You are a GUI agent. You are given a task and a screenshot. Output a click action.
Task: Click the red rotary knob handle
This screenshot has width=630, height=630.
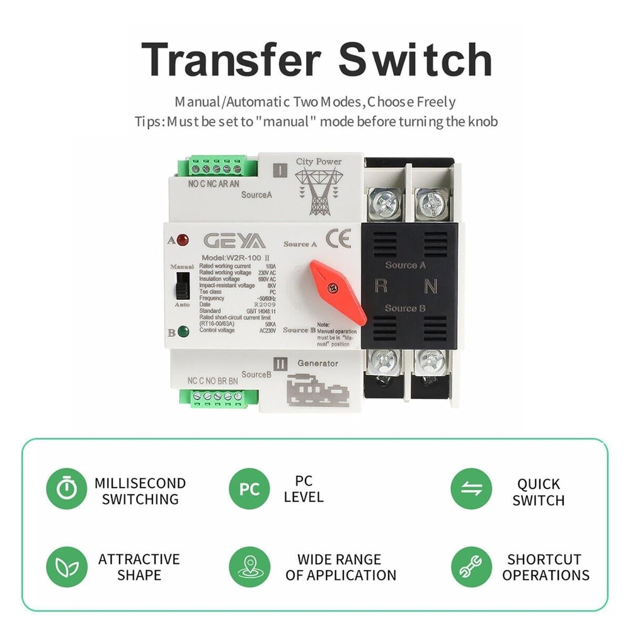(336, 290)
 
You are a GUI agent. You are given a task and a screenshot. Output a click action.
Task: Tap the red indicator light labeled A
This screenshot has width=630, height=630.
(183, 240)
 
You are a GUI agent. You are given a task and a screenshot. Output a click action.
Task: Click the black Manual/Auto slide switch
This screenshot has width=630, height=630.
(182, 284)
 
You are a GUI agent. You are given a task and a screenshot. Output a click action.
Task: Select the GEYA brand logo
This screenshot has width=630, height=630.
(234, 242)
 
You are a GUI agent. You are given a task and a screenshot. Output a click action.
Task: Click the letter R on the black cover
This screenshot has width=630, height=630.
(381, 286)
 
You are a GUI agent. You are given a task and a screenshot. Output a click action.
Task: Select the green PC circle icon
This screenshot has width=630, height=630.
(249, 489)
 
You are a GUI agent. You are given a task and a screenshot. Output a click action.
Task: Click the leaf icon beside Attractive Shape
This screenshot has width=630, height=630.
(66, 566)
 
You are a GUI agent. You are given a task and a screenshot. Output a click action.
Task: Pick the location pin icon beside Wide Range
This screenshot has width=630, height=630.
(249, 566)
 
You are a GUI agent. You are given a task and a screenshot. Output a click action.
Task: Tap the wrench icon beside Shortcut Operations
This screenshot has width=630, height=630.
(471, 566)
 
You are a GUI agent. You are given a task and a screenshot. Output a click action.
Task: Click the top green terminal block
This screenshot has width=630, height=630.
(217, 168)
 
